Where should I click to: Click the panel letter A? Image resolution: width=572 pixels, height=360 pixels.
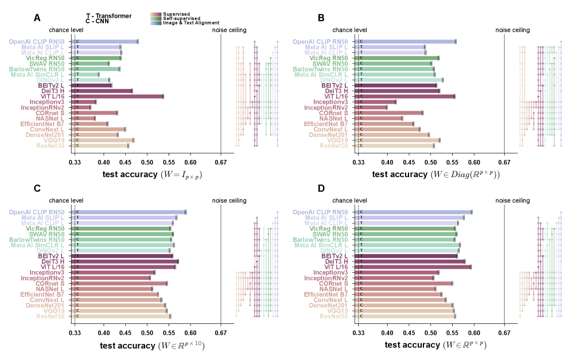click(x=37, y=18)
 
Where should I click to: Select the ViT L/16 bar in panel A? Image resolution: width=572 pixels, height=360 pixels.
click(x=119, y=96)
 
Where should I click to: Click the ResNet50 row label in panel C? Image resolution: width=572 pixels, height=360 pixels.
click(x=50, y=316)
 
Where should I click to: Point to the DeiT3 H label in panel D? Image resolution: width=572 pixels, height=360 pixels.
click(x=336, y=261)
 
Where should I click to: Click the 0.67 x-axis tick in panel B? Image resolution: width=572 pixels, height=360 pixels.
click(x=504, y=162)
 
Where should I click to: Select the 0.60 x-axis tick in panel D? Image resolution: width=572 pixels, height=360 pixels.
click(x=474, y=332)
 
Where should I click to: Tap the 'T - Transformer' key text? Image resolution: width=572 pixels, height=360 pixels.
click(x=108, y=15)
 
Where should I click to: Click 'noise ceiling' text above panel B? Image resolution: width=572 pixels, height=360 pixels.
click(x=512, y=30)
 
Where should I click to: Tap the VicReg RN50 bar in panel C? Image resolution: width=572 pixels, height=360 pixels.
click(x=123, y=229)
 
